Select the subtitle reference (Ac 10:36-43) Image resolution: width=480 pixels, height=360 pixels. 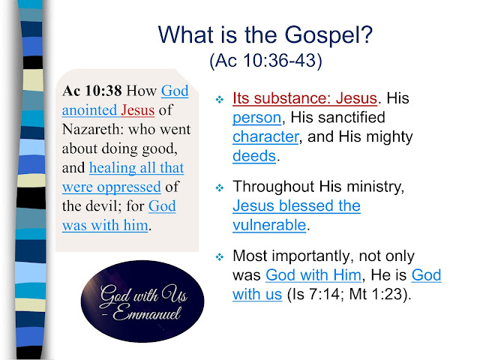click(265, 60)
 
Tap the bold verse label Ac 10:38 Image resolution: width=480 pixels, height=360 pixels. click(92, 91)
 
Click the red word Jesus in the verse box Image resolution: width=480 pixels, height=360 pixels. click(137, 110)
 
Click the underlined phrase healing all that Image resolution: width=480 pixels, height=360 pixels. click(136, 168)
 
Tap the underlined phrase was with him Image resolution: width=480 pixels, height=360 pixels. click(105, 225)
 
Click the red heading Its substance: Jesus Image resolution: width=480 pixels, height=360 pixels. click(304, 98)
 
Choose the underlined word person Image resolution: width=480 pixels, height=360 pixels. click(256, 118)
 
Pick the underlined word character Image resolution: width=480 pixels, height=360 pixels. click(265, 136)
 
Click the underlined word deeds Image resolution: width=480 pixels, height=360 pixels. click(254, 156)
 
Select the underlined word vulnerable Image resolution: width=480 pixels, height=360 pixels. click(269, 225)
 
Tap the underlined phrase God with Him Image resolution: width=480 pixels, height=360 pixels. click(313, 275)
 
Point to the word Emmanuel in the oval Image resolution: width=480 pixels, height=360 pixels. click(147, 313)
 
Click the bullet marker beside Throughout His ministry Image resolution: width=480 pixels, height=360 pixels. click(220, 187)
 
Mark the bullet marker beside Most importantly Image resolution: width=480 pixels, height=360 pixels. click(220, 256)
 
